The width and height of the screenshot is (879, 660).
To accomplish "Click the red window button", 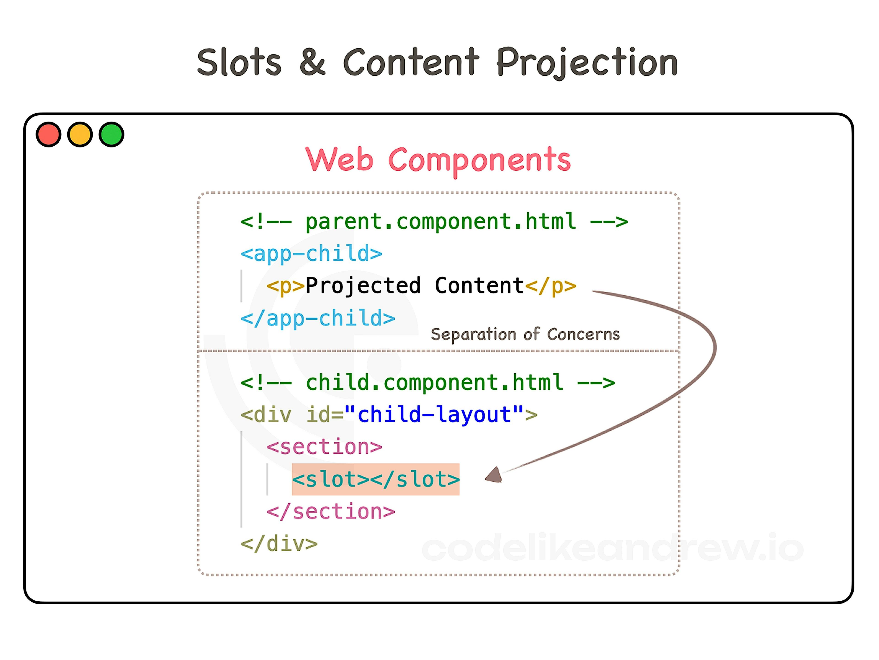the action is [49, 134].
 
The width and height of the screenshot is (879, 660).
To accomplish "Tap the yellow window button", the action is [80, 134].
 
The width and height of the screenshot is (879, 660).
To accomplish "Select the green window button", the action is [111, 134].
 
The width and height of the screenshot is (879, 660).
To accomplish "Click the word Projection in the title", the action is [587, 63].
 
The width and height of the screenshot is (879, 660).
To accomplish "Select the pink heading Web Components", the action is [438, 160].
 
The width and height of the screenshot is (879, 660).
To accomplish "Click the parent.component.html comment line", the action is [434, 222].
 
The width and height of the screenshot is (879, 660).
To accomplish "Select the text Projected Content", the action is [415, 286].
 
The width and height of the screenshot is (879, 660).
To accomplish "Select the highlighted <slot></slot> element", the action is [376, 479].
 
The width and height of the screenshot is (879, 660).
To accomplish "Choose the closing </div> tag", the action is [279, 543].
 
